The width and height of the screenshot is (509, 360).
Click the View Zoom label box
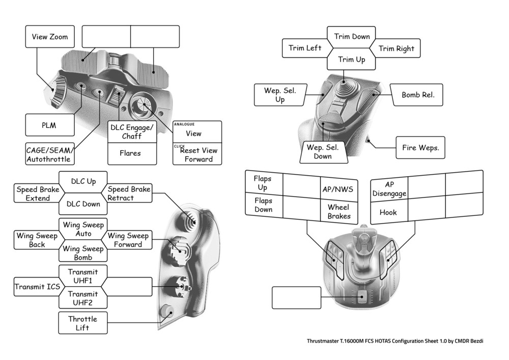[x=49, y=37]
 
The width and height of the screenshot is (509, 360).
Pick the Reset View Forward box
[x=197, y=154]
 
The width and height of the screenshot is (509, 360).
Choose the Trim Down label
[x=352, y=37]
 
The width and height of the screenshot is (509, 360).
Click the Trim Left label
[x=305, y=48]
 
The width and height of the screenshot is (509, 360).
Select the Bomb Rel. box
[x=418, y=95]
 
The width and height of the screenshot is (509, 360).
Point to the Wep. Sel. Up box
[x=279, y=95]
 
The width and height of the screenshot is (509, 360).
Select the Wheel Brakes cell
[x=339, y=211]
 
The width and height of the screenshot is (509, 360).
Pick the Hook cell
[x=388, y=212]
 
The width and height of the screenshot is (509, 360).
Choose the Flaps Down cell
[x=263, y=205]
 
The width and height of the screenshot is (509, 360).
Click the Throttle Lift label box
[x=83, y=323]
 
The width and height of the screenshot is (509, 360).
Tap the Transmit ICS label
[x=37, y=287]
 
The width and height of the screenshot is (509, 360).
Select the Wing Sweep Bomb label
[x=83, y=253]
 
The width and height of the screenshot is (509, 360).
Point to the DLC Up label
[x=83, y=181]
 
